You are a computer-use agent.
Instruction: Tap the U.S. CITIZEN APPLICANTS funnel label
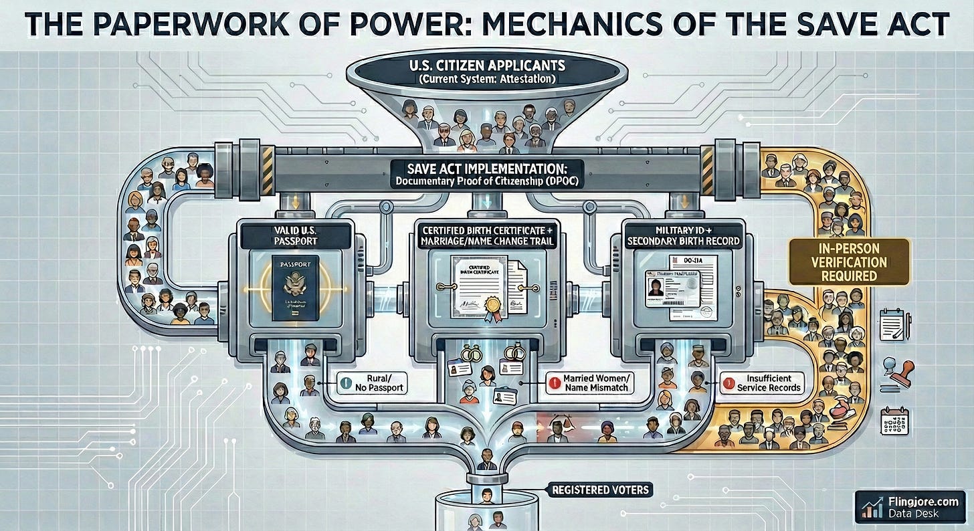coord(486,68)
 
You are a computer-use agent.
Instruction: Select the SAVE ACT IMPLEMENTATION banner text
coord(487,168)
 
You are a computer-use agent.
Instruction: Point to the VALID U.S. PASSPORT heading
coord(295,236)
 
